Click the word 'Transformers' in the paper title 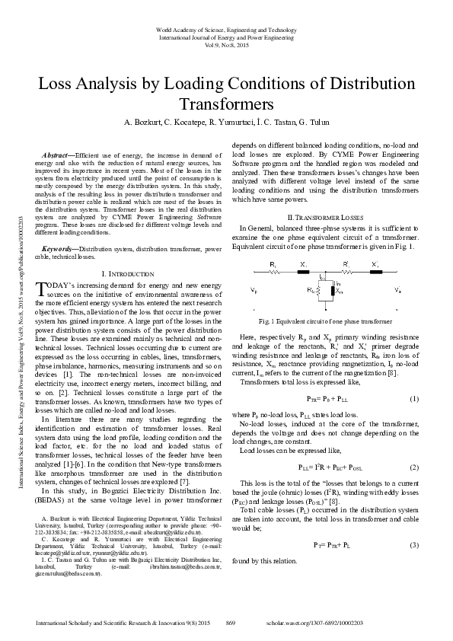click(226, 104)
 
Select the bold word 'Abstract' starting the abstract click(57, 155)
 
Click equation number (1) click(414, 399)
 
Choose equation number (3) click(414, 524)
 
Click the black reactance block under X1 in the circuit click(302, 272)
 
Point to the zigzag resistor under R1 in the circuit click(274, 272)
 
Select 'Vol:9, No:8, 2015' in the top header click(226, 44)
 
